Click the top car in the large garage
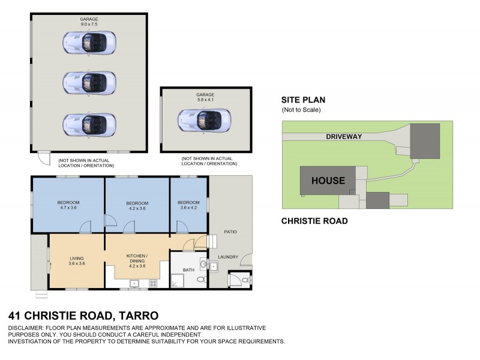(x=89, y=42)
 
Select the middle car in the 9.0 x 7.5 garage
(x=89, y=82)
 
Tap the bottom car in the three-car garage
(x=89, y=124)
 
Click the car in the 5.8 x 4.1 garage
(x=204, y=120)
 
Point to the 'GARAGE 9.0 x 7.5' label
(x=89, y=22)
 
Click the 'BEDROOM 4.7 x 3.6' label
(x=69, y=205)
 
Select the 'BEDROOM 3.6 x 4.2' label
(x=188, y=205)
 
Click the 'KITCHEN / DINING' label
(x=137, y=259)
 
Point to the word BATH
(x=188, y=270)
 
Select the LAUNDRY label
(x=228, y=257)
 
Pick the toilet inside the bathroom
(x=201, y=280)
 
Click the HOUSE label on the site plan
(x=328, y=181)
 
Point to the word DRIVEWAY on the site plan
(x=344, y=136)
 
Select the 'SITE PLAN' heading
(x=303, y=100)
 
